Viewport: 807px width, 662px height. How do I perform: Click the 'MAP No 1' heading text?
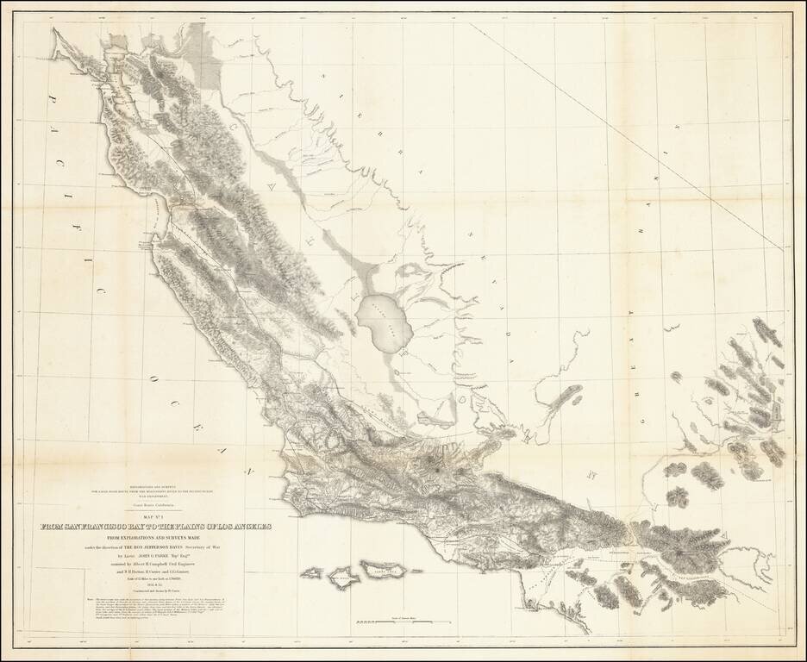click(x=155, y=517)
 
